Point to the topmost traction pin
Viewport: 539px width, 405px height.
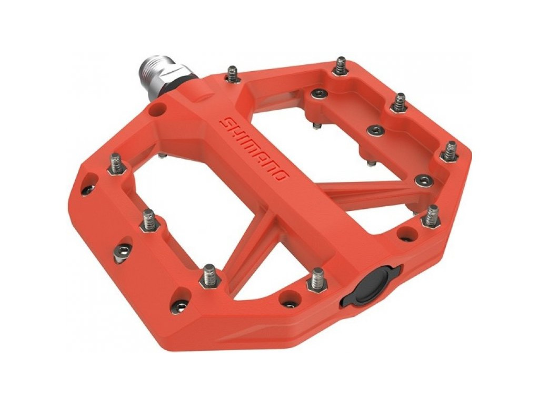[341, 66]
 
